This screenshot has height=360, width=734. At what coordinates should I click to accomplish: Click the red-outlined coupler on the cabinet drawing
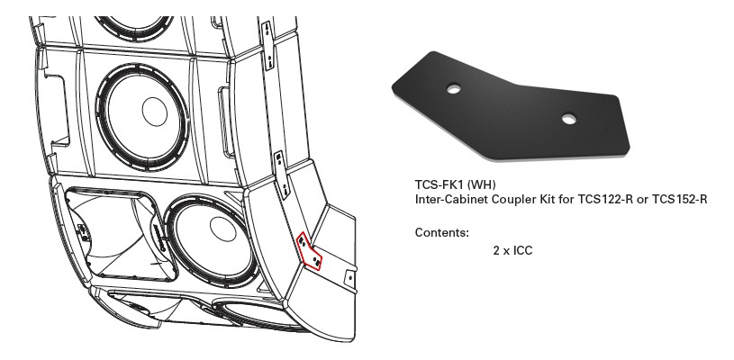point(309,251)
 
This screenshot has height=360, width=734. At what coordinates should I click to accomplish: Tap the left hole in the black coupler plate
point(454,88)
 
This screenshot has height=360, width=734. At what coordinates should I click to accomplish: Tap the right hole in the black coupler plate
point(569,119)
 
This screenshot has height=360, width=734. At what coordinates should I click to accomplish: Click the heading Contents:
point(442,233)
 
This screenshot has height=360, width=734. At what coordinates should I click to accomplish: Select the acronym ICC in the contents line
point(523,250)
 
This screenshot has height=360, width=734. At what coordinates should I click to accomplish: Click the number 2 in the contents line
point(496,250)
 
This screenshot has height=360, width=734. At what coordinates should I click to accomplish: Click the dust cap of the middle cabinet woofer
point(155,112)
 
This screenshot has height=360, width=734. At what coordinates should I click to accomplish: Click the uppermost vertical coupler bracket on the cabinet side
point(267,45)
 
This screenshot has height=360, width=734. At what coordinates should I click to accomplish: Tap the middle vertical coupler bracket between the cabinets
point(281,175)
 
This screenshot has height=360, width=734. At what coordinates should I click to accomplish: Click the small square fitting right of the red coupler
point(349,278)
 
